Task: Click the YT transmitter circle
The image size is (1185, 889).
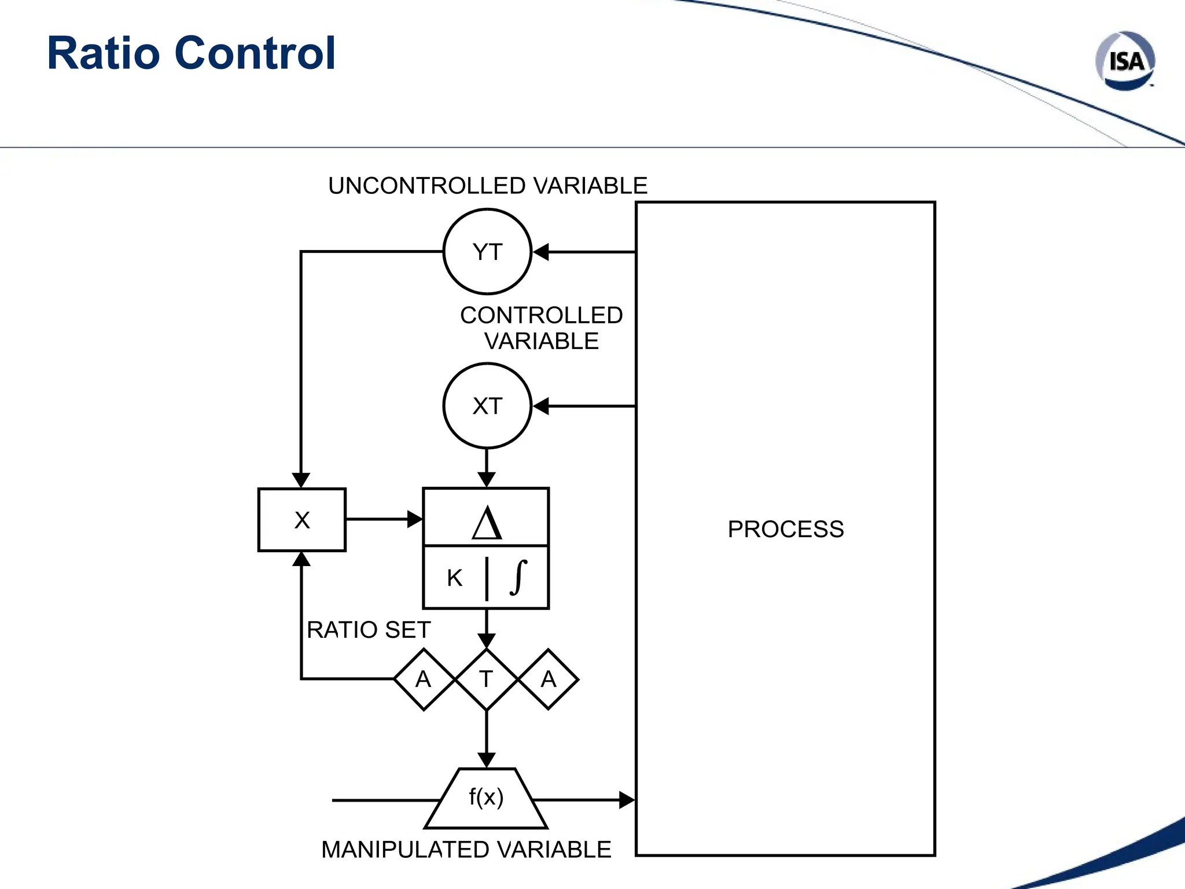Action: tap(487, 252)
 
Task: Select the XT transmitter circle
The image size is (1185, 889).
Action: tap(487, 406)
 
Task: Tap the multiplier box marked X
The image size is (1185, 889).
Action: tap(302, 520)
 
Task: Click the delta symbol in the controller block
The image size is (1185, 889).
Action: tap(487, 523)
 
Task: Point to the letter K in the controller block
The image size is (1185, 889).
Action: tap(455, 578)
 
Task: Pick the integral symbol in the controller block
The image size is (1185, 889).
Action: tap(518, 577)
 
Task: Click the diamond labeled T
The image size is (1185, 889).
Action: tap(487, 679)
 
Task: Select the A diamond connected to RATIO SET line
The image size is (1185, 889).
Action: tap(424, 679)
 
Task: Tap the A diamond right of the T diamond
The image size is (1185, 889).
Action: tap(549, 679)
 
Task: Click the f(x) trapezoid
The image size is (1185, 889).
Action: tap(486, 799)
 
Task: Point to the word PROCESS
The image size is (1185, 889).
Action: tap(785, 529)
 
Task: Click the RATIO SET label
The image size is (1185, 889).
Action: tap(369, 630)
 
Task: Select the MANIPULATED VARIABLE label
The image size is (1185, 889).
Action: tap(466, 850)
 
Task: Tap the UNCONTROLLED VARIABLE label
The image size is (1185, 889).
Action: tap(487, 186)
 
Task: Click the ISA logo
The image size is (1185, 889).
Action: tap(1125, 61)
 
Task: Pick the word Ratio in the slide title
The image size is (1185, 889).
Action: tap(103, 53)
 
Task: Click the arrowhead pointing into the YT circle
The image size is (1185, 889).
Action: tap(540, 252)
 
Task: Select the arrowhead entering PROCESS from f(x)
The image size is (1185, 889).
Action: tap(627, 800)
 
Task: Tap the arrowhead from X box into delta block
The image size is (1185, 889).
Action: tap(415, 519)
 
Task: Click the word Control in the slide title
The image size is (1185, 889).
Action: tap(255, 53)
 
